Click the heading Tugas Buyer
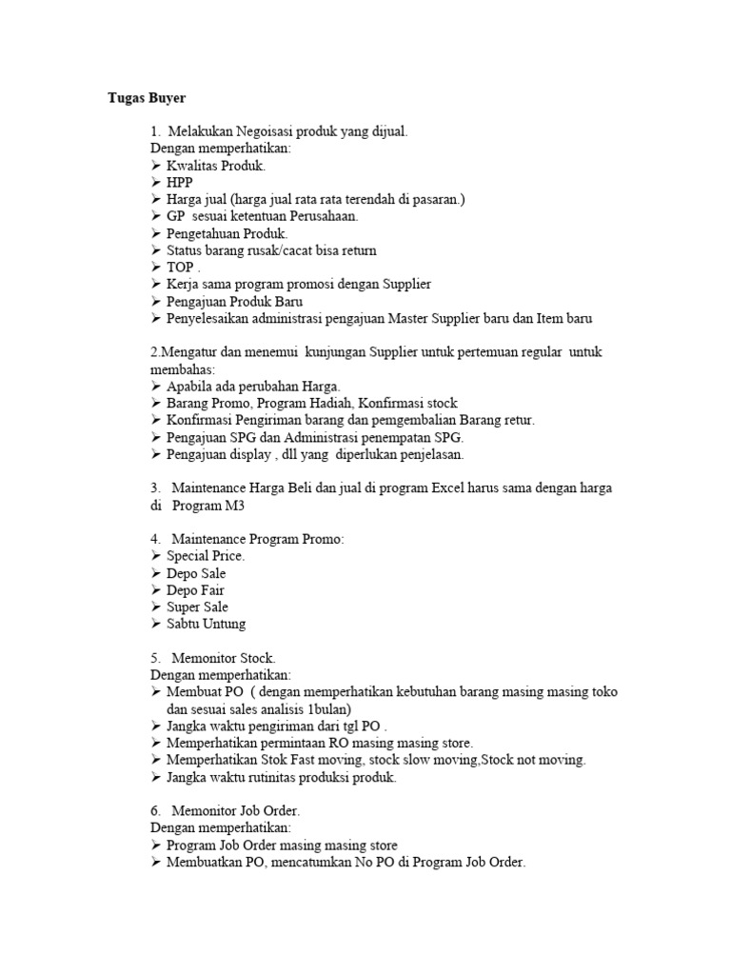point(146,98)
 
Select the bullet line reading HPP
point(179,182)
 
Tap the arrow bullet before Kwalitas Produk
point(156,166)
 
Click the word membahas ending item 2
point(183,369)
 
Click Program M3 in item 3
point(202,506)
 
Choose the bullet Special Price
point(206,556)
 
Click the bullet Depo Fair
point(195,590)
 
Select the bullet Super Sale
point(197,607)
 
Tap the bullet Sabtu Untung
point(206,624)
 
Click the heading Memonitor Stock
point(224,658)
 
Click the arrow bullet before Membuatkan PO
point(156,863)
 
